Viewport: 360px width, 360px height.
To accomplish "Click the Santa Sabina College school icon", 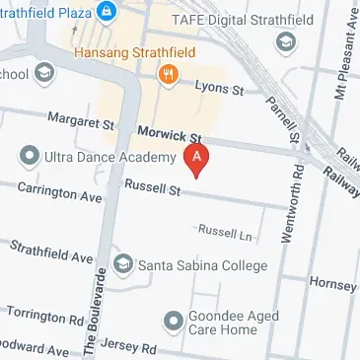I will tap(123, 265).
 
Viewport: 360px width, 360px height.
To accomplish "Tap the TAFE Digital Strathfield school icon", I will tap(286, 42).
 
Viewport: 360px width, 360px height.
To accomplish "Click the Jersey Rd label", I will tap(133, 348).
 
